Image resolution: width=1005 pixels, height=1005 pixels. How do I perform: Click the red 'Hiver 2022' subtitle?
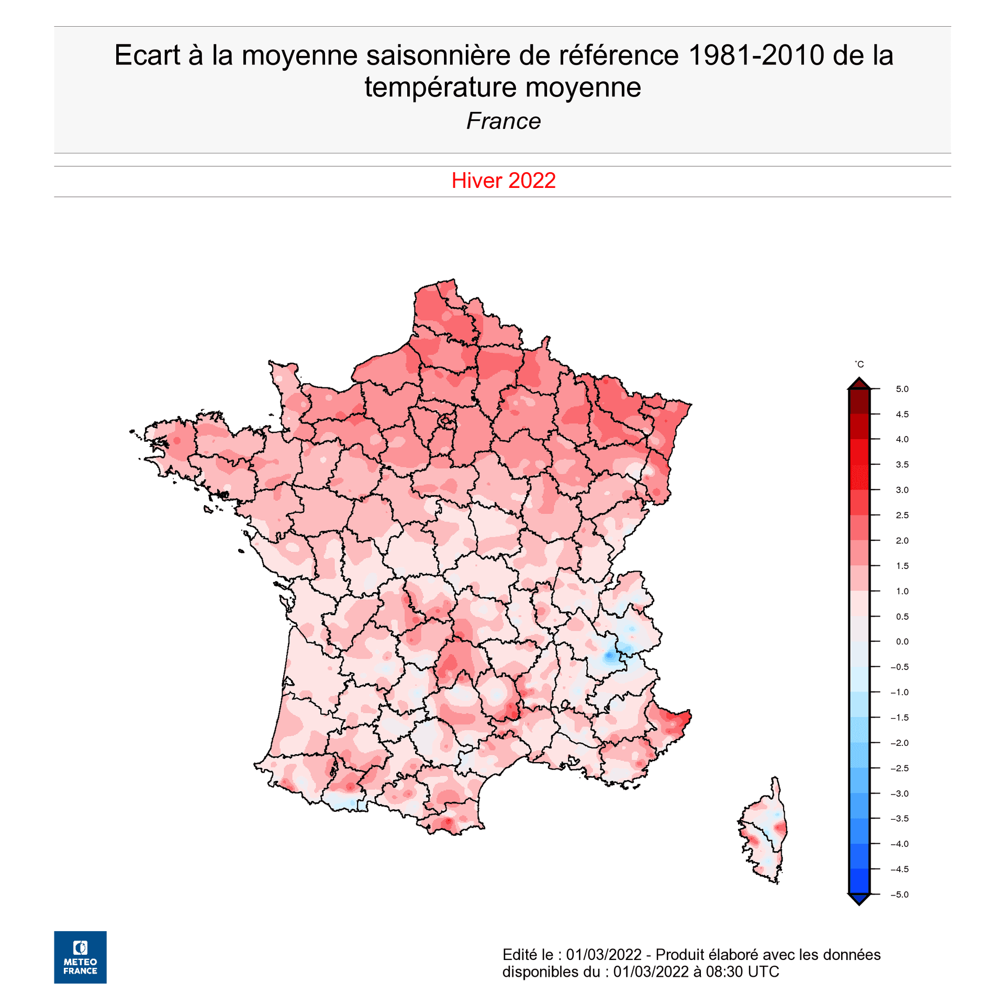[503, 181]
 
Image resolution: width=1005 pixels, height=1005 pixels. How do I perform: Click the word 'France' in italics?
[503, 121]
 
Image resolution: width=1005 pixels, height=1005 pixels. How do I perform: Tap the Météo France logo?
[80, 957]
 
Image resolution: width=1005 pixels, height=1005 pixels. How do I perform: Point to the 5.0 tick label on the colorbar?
[902, 389]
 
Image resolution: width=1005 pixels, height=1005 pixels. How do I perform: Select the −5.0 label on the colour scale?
[899, 895]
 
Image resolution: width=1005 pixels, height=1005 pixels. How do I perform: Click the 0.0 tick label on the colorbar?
[902, 642]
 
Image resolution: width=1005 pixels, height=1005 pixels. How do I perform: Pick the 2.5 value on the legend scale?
[902, 515]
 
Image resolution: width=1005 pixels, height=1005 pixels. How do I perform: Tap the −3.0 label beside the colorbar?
[899, 794]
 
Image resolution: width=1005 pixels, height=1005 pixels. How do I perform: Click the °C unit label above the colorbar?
[859, 364]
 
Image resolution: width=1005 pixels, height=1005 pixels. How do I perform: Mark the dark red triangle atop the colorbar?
[859, 384]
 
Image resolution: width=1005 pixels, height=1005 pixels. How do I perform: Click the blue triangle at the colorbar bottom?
[859, 899]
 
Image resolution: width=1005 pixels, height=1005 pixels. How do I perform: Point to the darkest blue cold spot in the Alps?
[609, 655]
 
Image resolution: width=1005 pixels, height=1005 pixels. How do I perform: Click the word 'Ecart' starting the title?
[147, 55]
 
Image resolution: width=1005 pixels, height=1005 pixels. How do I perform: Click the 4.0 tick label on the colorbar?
[902, 439]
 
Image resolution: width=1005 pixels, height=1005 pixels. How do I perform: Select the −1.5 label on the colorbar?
[899, 718]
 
